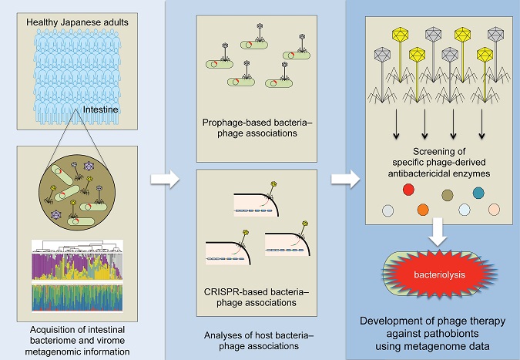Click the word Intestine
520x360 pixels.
click(x=100, y=109)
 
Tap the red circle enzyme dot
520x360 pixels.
click(x=408, y=190)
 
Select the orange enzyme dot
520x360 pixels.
click(x=423, y=210)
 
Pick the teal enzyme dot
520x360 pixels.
click(x=478, y=193)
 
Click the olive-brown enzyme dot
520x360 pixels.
click(x=448, y=195)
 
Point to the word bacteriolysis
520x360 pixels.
click(x=439, y=274)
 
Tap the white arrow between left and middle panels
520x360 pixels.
click(x=165, y=179)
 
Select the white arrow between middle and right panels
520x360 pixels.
click(x=345, y=179)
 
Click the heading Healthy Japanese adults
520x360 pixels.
click(x=77, y=22)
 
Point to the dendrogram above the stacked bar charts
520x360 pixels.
click(x=77, y=247)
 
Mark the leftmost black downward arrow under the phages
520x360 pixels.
click(x=396, y=124)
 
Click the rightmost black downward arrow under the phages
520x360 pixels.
click(x=481, y=124)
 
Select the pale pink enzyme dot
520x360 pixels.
click(x=494, y=210)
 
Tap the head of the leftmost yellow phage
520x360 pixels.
click(x=401, y=35)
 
